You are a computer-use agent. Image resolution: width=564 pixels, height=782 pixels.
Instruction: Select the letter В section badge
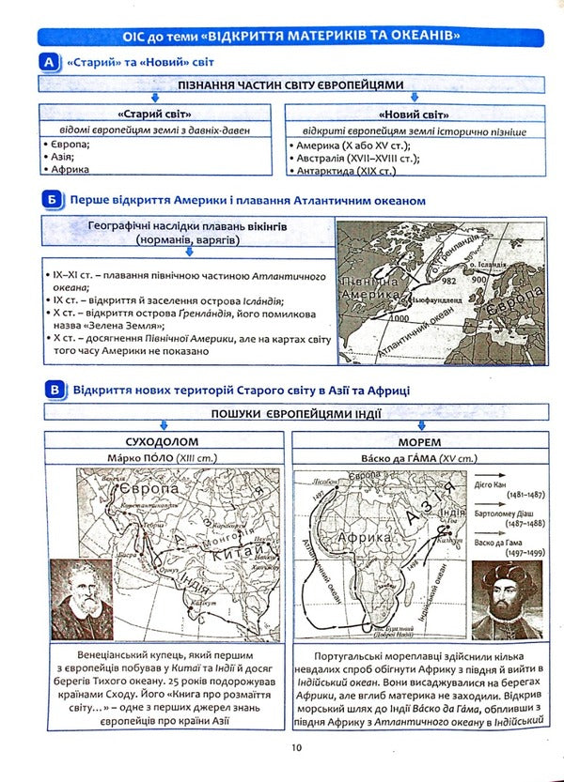point(55,389)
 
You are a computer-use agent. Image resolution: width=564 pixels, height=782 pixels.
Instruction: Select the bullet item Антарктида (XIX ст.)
point(346,171)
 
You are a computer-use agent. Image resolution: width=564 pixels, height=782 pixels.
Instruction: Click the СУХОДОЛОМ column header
point(164,440)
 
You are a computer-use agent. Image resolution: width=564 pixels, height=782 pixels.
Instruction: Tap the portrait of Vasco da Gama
point(507,600)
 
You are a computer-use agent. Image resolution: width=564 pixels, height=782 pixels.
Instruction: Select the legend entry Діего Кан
point(505,486)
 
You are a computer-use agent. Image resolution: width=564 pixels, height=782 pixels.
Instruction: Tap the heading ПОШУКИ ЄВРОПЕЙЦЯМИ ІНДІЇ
point(290,414)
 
